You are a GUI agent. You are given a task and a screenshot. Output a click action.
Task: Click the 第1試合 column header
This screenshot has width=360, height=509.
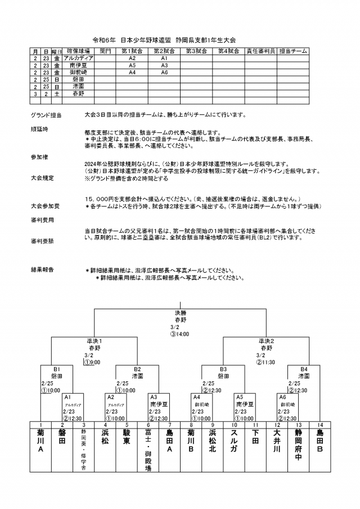tap(132, 51)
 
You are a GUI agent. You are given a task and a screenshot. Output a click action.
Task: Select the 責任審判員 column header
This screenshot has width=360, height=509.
tap(260, 51)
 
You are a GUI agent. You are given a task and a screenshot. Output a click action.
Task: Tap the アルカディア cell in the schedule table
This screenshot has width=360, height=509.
tap(79, 58)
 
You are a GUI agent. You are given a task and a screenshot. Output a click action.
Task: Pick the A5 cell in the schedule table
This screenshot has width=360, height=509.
tap(132, 65)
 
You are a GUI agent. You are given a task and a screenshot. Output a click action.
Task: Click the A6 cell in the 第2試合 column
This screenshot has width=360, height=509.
tap(165, 73)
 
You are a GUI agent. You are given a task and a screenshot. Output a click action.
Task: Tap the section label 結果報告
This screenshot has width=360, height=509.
tap(43, 270)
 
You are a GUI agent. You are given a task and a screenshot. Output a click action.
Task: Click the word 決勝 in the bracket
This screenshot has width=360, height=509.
tap(179, 313)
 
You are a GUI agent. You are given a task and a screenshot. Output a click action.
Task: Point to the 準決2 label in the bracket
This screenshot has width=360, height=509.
tap(266, 341)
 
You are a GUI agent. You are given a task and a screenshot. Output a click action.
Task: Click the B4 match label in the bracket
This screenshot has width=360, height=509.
tap(304, 369)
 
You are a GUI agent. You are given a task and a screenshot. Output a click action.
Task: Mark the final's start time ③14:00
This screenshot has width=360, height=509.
tap(179, 334)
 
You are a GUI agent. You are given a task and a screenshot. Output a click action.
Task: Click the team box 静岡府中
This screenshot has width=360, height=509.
tap(298, 445)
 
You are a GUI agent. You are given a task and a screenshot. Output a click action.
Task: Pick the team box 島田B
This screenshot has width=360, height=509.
tap(319, 442)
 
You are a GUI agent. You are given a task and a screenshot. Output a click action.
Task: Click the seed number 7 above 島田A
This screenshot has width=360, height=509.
tap(169, 425)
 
